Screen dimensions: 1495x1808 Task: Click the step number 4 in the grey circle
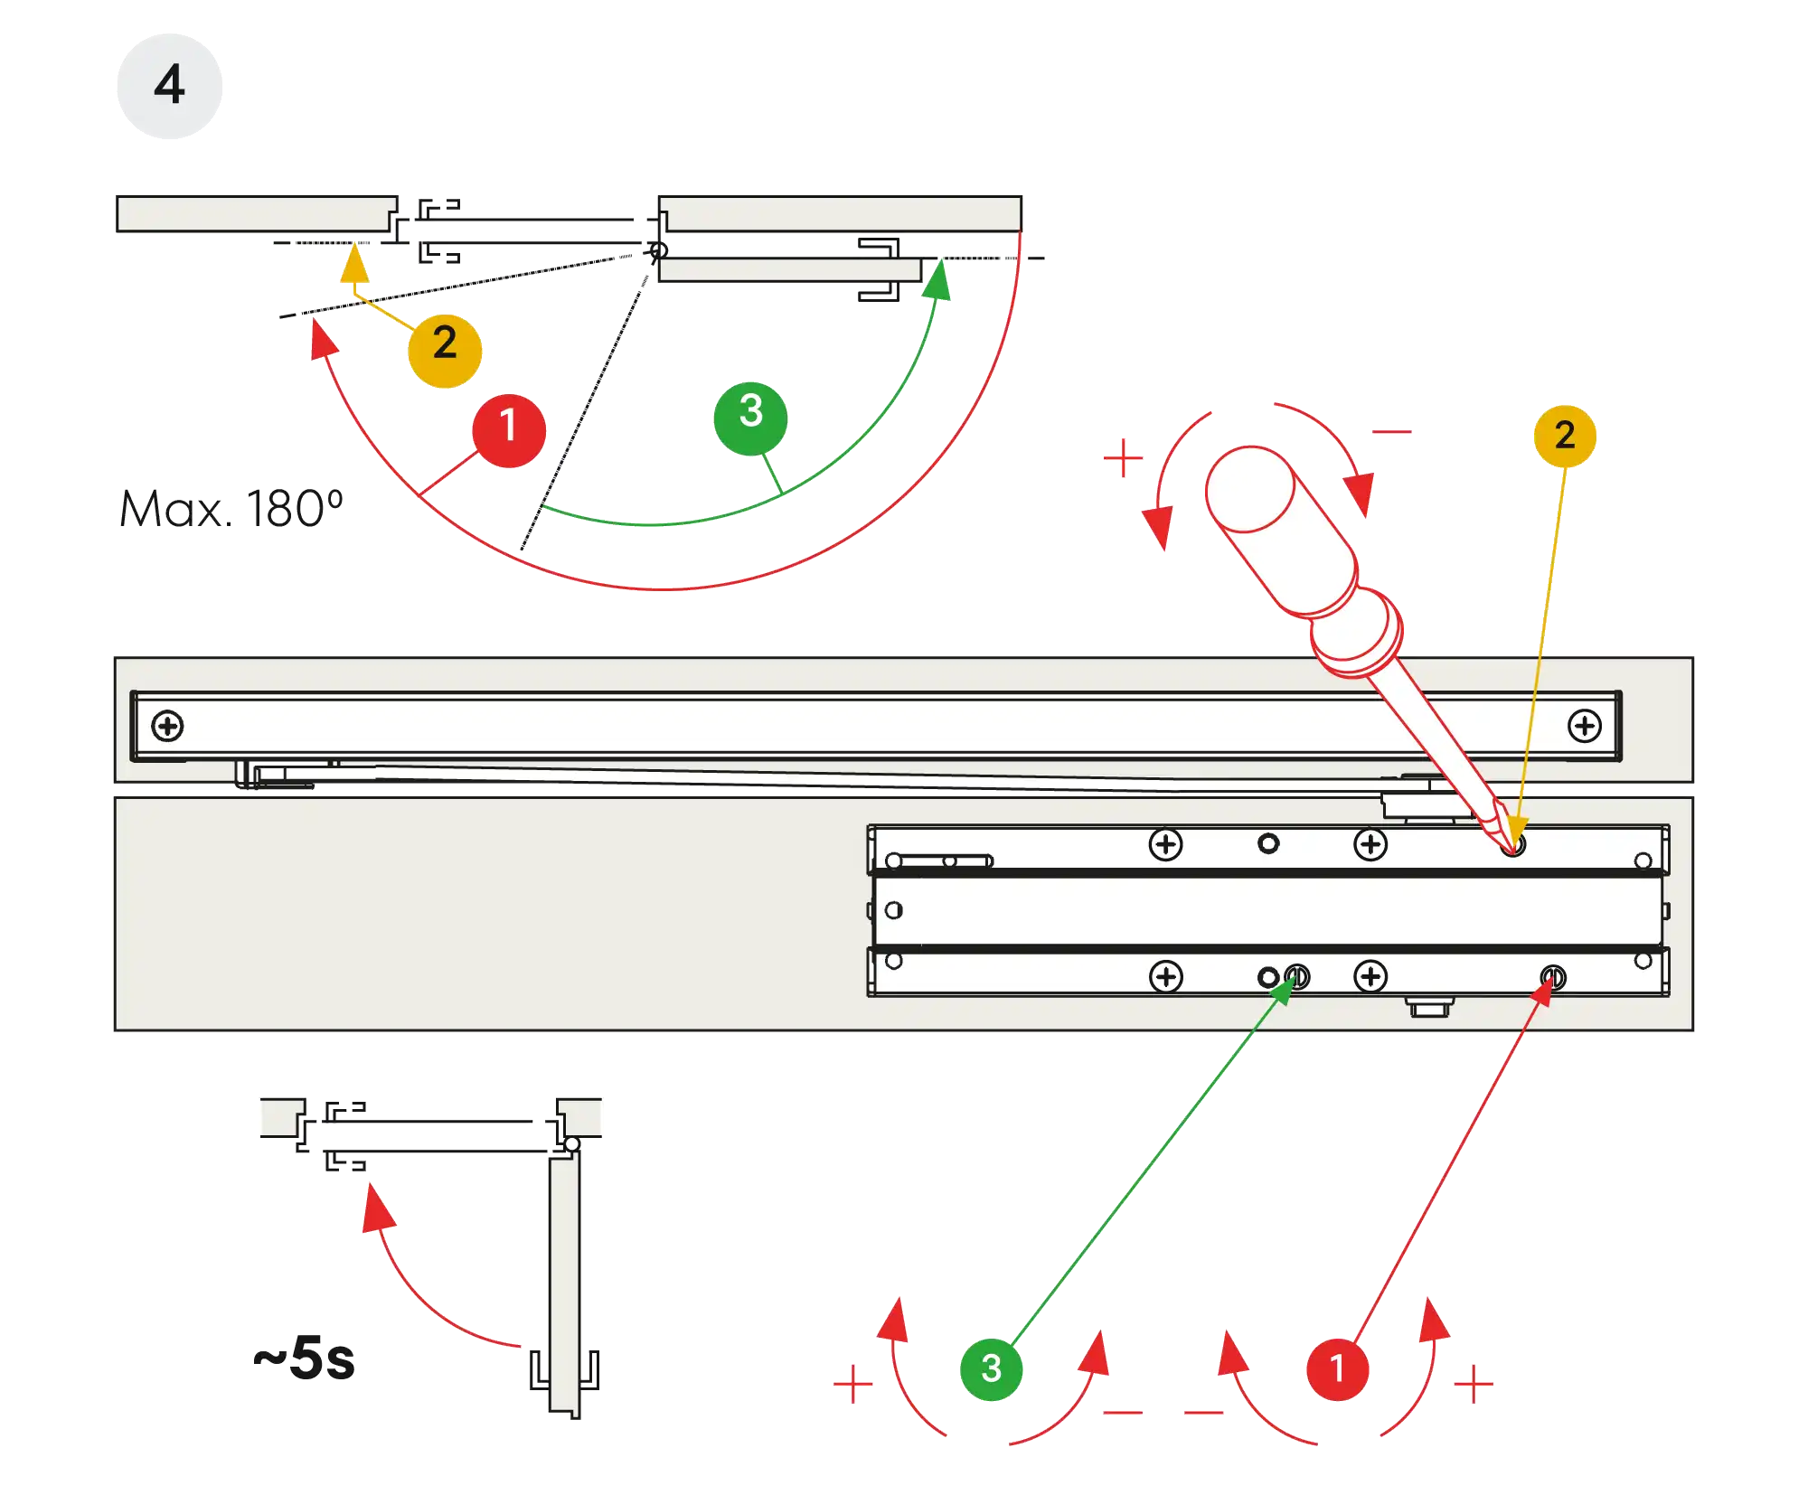coord(169,86)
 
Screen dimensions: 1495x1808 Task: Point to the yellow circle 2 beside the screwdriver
coord(1565,436)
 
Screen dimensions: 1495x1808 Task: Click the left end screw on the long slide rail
coord(167,726)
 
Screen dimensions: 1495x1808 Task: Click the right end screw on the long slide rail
coord(1584,726)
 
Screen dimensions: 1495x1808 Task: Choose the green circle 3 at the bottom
coord(991,1368)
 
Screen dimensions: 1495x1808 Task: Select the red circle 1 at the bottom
coord(1337,1368)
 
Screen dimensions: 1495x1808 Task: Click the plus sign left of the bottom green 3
coord(852,1385)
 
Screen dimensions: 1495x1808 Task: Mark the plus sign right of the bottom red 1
coord(1474,1385)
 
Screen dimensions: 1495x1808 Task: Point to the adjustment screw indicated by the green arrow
coord(1297,977)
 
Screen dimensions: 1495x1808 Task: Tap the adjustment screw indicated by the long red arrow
coord(1552,977)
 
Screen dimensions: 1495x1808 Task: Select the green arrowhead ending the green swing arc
coord(939,279)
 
